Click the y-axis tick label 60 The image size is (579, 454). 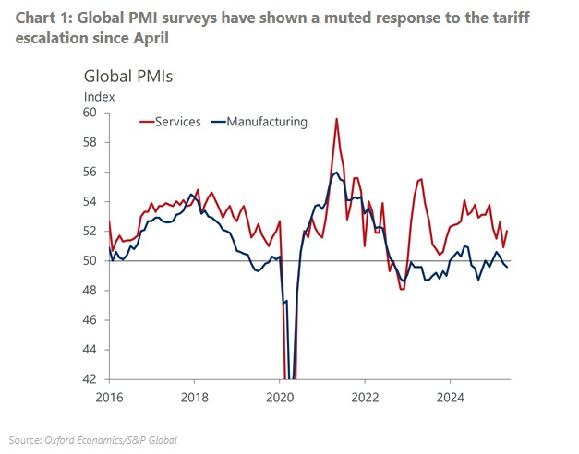point(90,113)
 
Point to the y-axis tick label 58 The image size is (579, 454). point(90,142)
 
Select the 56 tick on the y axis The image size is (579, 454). point(90,172)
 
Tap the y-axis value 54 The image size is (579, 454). point(90,201)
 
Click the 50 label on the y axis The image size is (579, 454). point(90,261)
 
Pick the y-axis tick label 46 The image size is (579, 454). point(90,320)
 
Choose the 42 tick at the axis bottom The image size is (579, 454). point(90,379)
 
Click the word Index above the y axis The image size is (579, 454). point(100,95)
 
